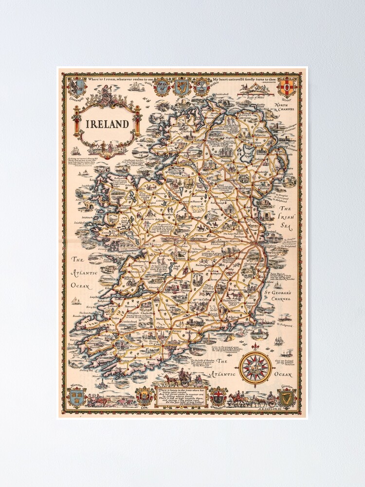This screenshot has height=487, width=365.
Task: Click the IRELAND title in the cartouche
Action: click(x=108, y=123)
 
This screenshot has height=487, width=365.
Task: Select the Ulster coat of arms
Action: click(x=287, y=87)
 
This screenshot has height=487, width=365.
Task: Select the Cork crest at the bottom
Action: click(x=145, y=394)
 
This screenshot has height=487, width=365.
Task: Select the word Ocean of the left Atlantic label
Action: click(x=80, y=286)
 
